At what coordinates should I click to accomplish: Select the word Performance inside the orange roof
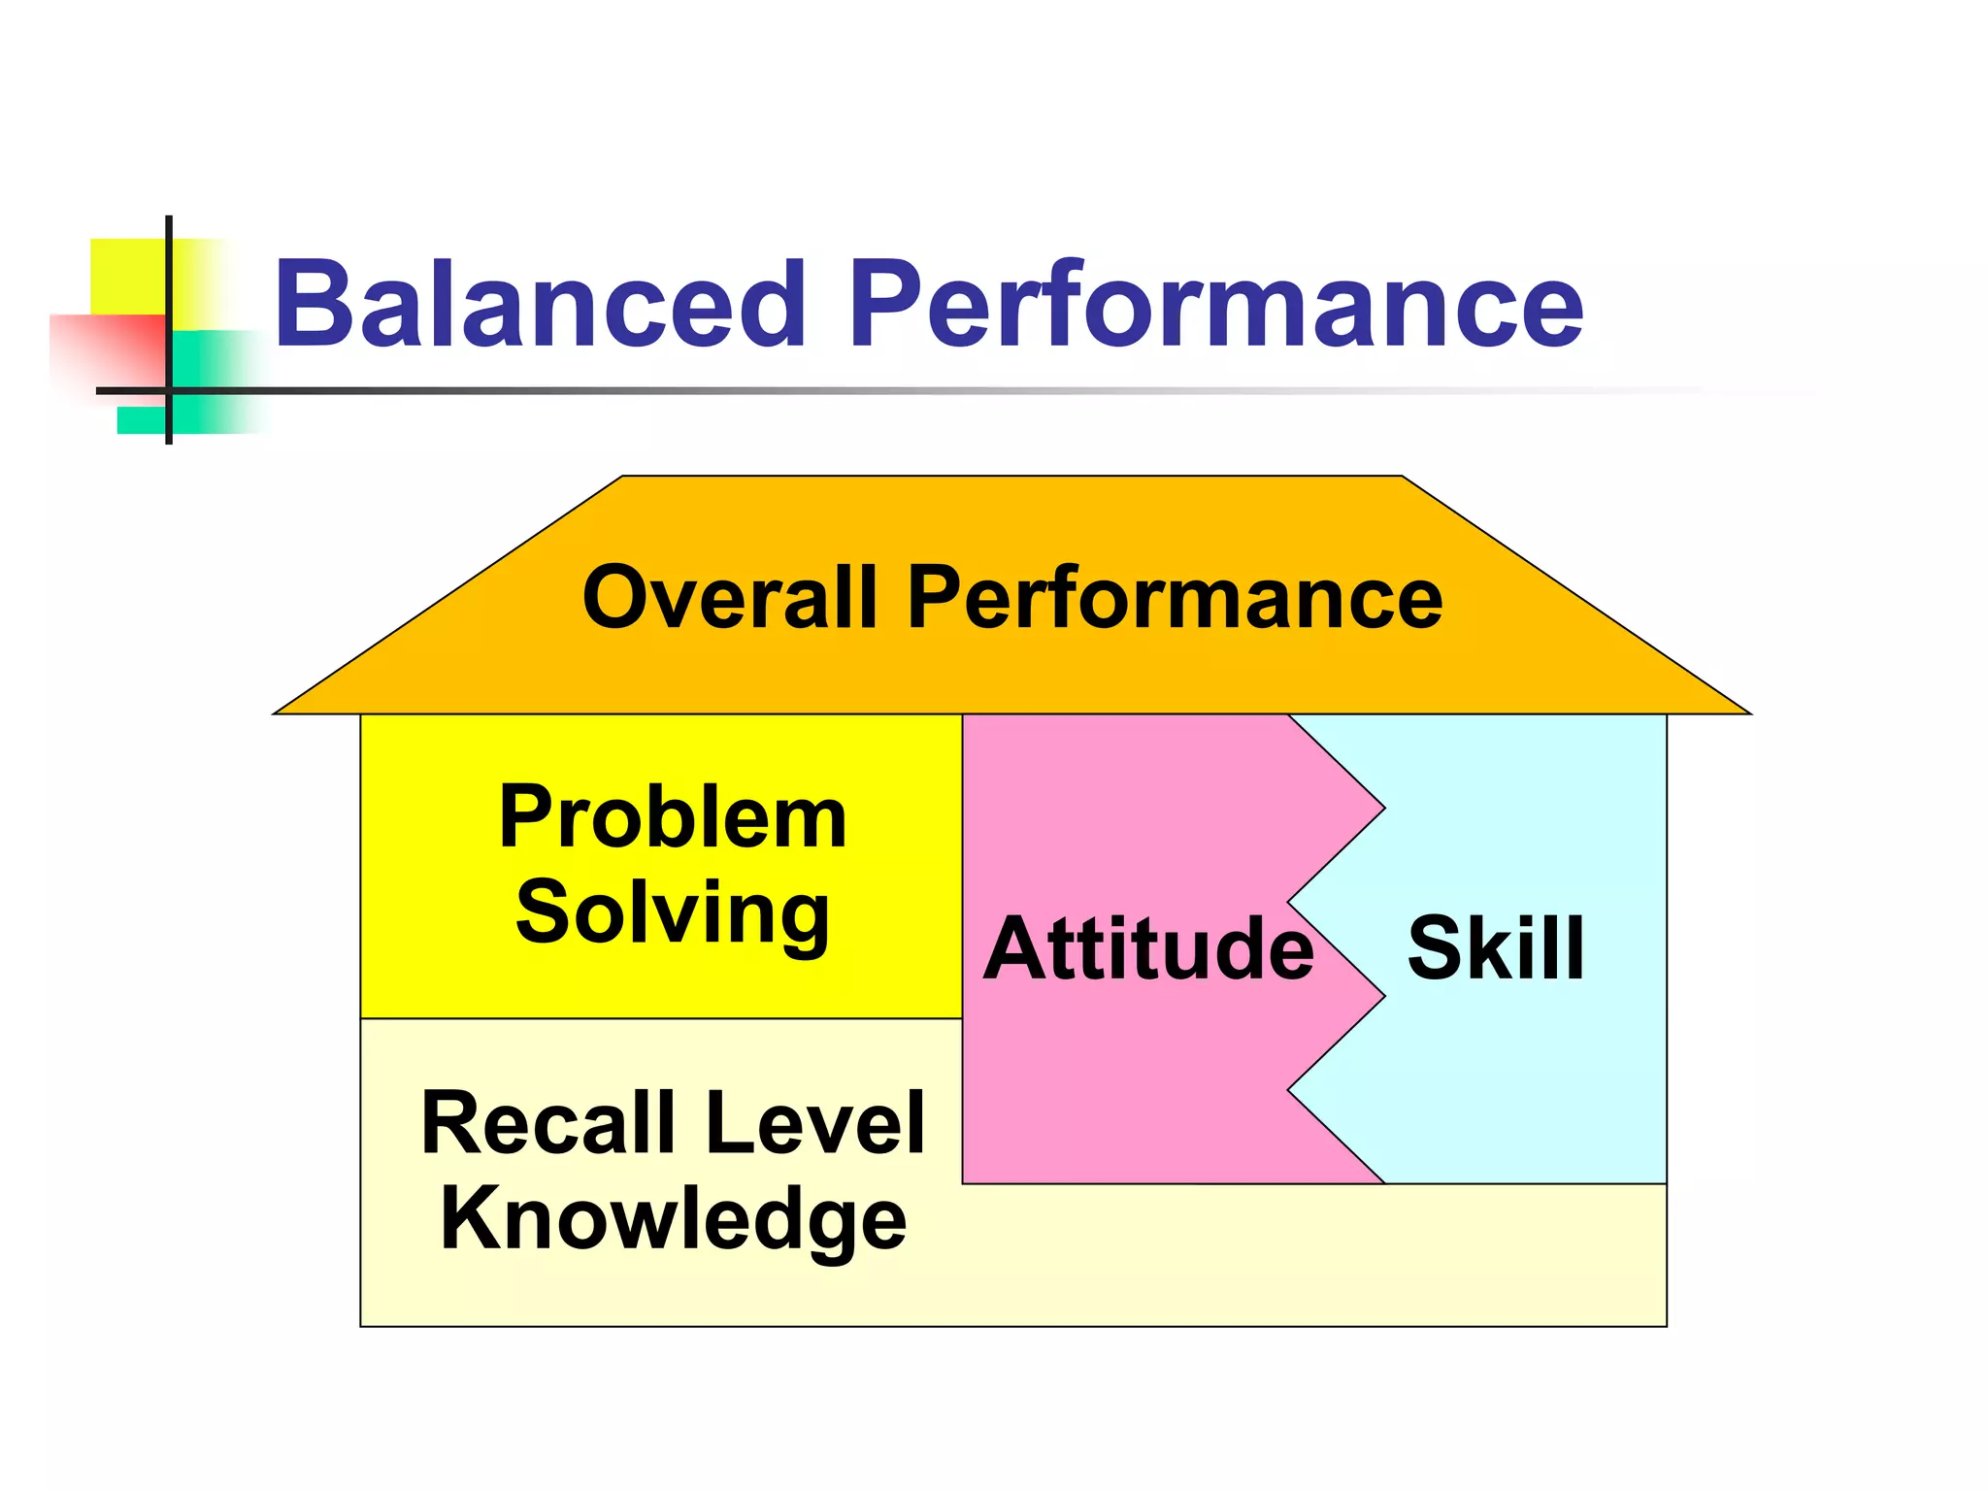click(1175, 600)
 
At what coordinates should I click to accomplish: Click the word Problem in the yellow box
click(673, 817)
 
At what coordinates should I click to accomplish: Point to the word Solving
click(673, 912)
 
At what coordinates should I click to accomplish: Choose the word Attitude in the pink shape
click(1148, 948)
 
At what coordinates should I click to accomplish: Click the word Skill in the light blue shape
click(1496, 948)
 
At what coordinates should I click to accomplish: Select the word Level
click(815, 1123)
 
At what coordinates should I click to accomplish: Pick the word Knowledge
click(673, 1219)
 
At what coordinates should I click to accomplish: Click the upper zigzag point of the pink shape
click(1384, 808)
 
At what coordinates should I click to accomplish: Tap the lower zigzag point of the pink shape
click(1384, 996)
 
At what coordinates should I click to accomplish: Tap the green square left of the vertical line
click(142, 419)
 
